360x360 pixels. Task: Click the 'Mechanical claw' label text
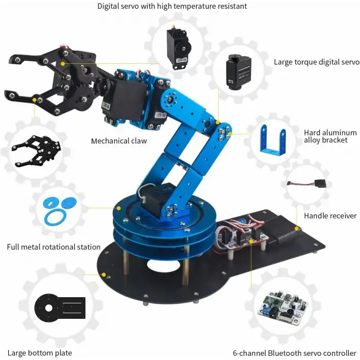click(119, 141)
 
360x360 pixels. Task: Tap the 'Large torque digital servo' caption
click(316, 62)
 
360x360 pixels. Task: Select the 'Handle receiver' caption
click(330, 215)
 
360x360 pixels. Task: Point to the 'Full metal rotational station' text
click(53, 247)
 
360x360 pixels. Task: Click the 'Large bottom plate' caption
click(39, 353)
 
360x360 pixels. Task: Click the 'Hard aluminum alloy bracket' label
click(326, 136)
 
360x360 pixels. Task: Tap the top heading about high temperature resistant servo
click(172, 6)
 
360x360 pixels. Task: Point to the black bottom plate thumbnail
click(59, 309)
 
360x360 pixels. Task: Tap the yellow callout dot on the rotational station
click(118, 209)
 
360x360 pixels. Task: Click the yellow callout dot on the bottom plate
click(104, 275)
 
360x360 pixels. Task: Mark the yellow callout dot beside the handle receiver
click(296, 228)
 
